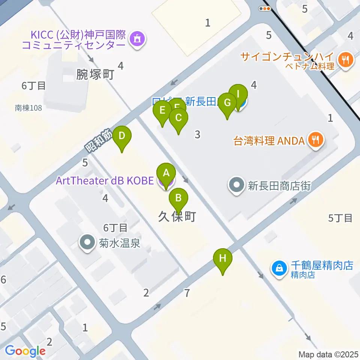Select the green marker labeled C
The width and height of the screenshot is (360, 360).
click(178, 118)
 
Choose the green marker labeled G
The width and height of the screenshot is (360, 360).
click(227, 103)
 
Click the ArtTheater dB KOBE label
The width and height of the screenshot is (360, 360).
click(105, 181)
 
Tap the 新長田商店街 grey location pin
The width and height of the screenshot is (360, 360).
click(236, 185)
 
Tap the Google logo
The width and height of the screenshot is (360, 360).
click(25, 351)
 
